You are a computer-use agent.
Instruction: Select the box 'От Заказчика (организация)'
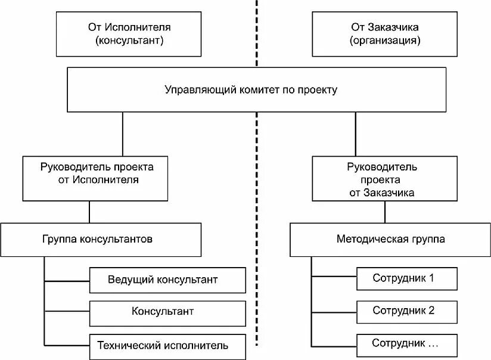(x=384, y=34)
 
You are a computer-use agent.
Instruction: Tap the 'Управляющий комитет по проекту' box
(x=256, y=90)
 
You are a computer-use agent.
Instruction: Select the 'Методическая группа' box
(x=390, y=240)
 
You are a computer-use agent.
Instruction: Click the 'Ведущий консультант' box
(x=167, y=280)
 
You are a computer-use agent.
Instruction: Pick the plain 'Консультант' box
(x=167, y=312)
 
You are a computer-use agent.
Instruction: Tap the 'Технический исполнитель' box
(x=167, y=346)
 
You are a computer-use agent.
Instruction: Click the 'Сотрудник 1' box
(x=408, y=278)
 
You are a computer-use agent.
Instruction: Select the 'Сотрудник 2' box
(x=408, y=311)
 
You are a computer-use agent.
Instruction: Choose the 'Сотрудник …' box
(x=408, y=343)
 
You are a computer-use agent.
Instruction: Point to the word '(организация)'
(x=384, y=42)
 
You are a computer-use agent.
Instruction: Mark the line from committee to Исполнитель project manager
(x=123, y=134)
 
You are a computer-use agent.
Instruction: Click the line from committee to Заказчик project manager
(x=356, y=134)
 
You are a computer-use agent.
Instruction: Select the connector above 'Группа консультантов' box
(x=89, y=212)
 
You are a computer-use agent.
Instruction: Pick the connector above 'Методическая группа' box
(x=384, y=212)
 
